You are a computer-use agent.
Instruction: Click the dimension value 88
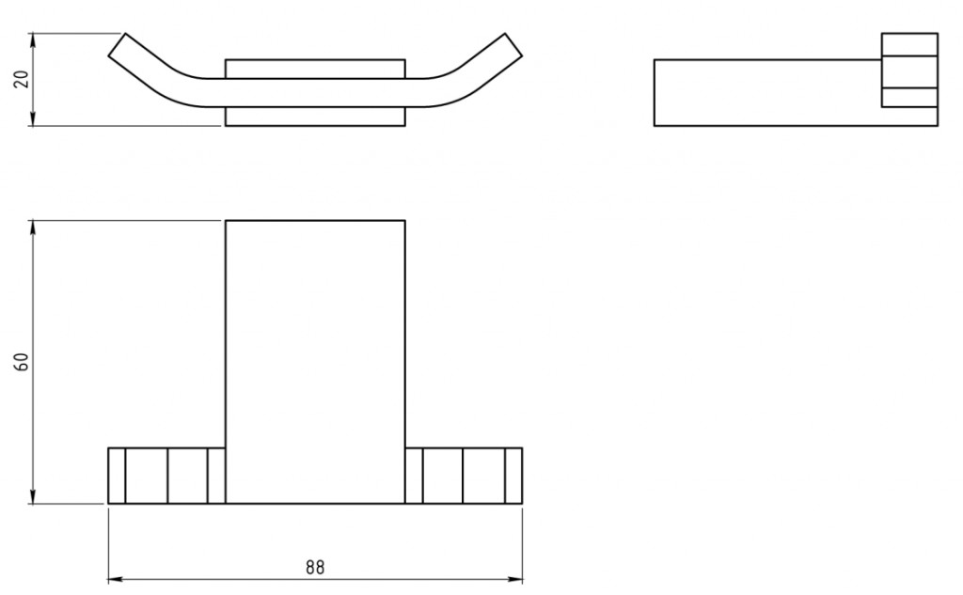314,567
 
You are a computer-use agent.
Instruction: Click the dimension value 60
23,362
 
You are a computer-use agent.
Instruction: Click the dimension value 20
23,79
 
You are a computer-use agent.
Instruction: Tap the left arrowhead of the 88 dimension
115,578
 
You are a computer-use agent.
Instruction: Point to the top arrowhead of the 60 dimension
33,227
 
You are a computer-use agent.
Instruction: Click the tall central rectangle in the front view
315,362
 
